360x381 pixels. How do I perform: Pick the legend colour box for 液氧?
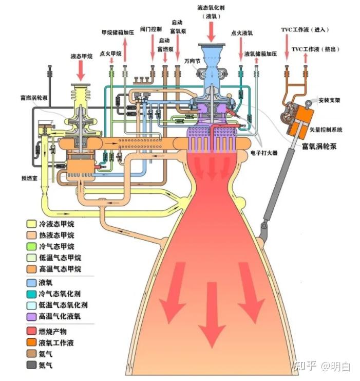(31, 282)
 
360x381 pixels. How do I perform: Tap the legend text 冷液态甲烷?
(56, 224)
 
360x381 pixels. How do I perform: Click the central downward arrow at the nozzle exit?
(211, 314)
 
